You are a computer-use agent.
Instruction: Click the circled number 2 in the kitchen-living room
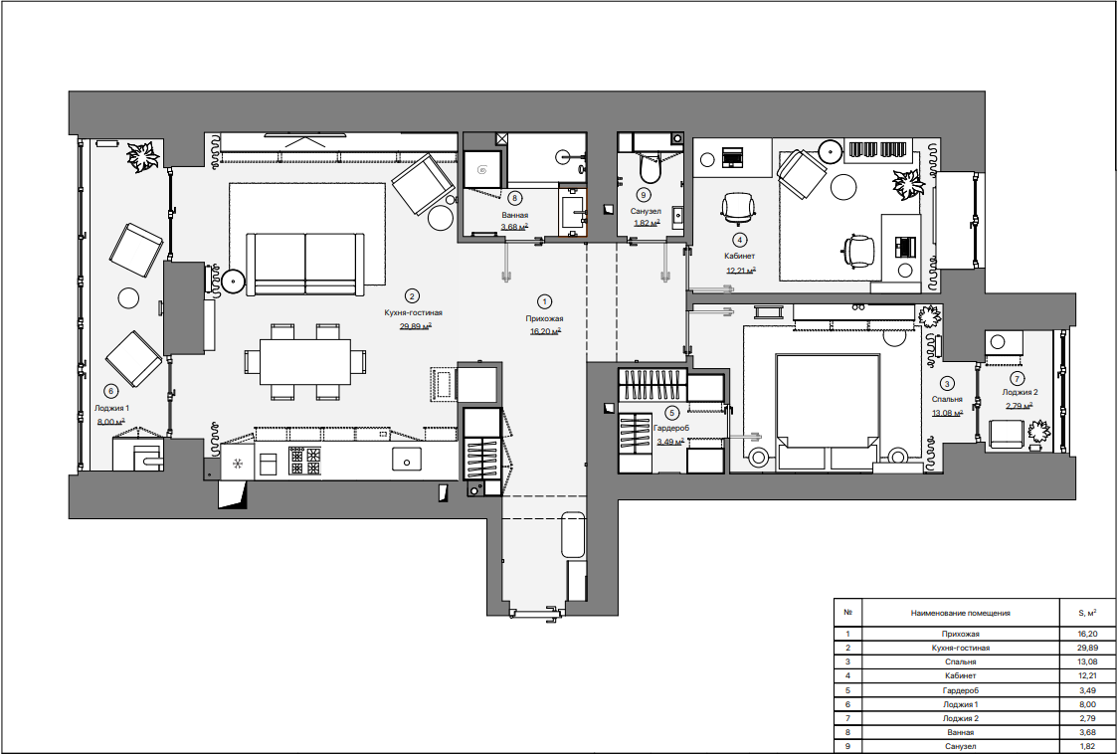(411, 295)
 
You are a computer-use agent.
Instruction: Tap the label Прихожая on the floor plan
(544, 319)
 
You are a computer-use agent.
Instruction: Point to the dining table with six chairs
(304, 362)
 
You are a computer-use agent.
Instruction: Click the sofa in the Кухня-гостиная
(304, 264)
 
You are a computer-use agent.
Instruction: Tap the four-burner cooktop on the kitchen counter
(304, 461)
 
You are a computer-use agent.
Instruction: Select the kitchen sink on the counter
(407, 460)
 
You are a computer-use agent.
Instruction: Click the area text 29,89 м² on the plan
(415, 326)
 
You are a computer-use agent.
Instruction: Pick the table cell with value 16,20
(1087, 634)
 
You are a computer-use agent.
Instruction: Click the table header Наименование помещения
(960, 613)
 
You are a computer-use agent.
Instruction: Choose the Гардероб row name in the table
(960, 690)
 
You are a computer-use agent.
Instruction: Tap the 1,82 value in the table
(1087, 746)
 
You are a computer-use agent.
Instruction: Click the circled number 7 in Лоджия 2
(1017, 379)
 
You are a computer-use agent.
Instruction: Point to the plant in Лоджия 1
(142, 156)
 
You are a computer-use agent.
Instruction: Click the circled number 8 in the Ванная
(513, 198)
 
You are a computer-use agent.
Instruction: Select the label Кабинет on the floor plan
(740, 256)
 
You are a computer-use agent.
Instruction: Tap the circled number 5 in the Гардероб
(670, 412)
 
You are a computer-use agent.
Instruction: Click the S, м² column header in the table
(1087, 613)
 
